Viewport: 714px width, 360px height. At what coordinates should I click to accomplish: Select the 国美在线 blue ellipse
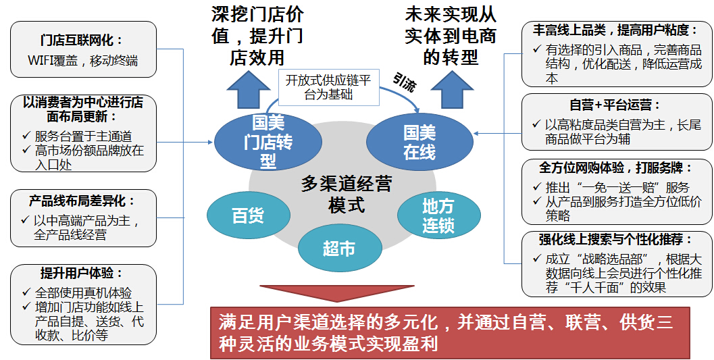[x=419, y=142]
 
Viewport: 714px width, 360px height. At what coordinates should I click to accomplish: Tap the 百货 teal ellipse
[x=248, y=215]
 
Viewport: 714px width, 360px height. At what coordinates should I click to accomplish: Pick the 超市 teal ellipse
[x=339, y=249]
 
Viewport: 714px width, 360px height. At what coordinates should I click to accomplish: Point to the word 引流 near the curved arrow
[x=403, y=82]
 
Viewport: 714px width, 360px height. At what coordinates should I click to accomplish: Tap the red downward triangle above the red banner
[x=337, y=293]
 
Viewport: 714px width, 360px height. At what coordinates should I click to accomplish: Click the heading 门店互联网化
[x=82, y=40]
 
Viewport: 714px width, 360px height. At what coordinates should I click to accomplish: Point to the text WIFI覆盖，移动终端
[x=82, y=61]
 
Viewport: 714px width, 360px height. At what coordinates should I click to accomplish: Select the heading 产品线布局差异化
[x=82, y=201]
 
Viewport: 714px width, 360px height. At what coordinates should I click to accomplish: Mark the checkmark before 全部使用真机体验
[x=26, y=292]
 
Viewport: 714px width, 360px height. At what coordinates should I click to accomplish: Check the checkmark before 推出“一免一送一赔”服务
[x=537, y=186]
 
